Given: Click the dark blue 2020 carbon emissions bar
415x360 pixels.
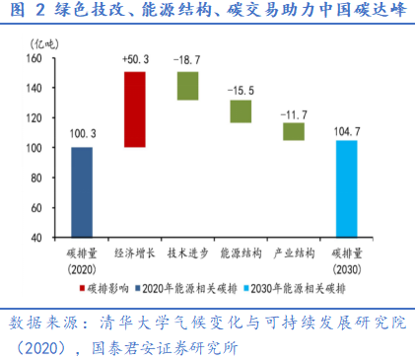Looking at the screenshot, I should (82, 192).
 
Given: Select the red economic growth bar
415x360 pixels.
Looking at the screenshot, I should (134, 109).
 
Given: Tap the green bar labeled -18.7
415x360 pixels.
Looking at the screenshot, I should (187, 86).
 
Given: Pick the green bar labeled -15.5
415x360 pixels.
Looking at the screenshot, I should (241, 111).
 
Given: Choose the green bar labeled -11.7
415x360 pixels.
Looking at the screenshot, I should (293, 131).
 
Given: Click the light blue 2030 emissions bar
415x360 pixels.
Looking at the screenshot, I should (347, 189).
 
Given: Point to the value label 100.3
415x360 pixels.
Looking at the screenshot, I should (82, 135).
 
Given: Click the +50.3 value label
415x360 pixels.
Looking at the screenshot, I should (135, 60).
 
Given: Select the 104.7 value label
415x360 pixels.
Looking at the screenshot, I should (347, 129).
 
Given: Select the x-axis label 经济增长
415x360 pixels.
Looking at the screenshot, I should (134, 252).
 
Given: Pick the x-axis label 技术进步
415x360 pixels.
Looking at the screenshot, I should (187, 252).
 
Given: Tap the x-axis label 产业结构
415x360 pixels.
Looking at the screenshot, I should (293, 252).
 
